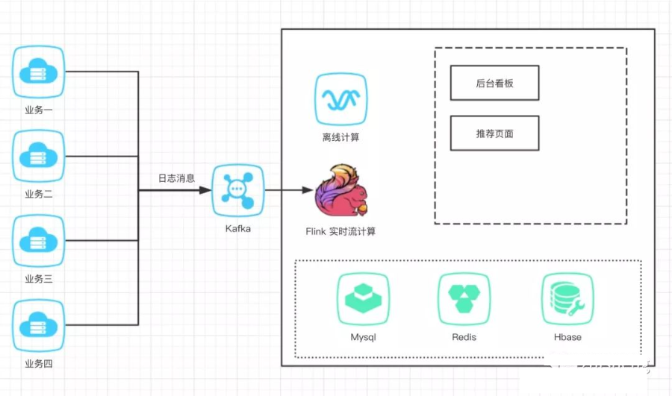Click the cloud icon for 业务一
[40, 72]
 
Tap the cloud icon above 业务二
[40, 157]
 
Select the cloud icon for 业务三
[40, 242]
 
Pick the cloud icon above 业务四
[40, 326]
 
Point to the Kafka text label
[238, 228]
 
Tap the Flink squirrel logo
[340, 192]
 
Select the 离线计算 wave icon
[340, 99]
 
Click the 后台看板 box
[494, 84]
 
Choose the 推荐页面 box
[494, 133]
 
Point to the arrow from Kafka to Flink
[287, 190]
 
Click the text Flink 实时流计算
[340, 231]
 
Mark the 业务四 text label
[39, 363]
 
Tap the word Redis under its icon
[464, 337]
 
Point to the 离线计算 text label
[340, 137]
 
